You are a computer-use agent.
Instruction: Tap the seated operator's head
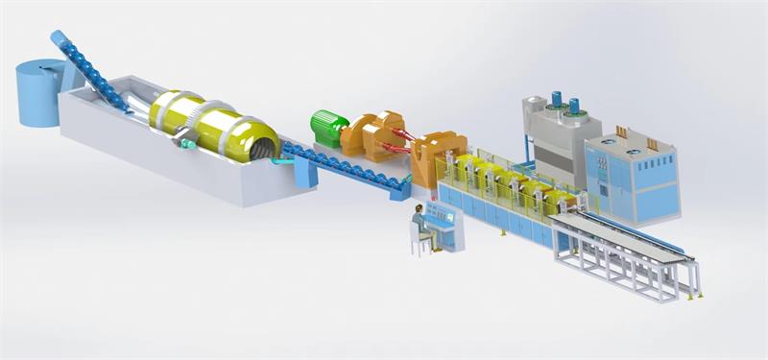(x=420, y=210)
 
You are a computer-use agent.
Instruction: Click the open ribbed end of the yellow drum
(x=261, y=147)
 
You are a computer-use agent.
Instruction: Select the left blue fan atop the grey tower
(x=556, y=101)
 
